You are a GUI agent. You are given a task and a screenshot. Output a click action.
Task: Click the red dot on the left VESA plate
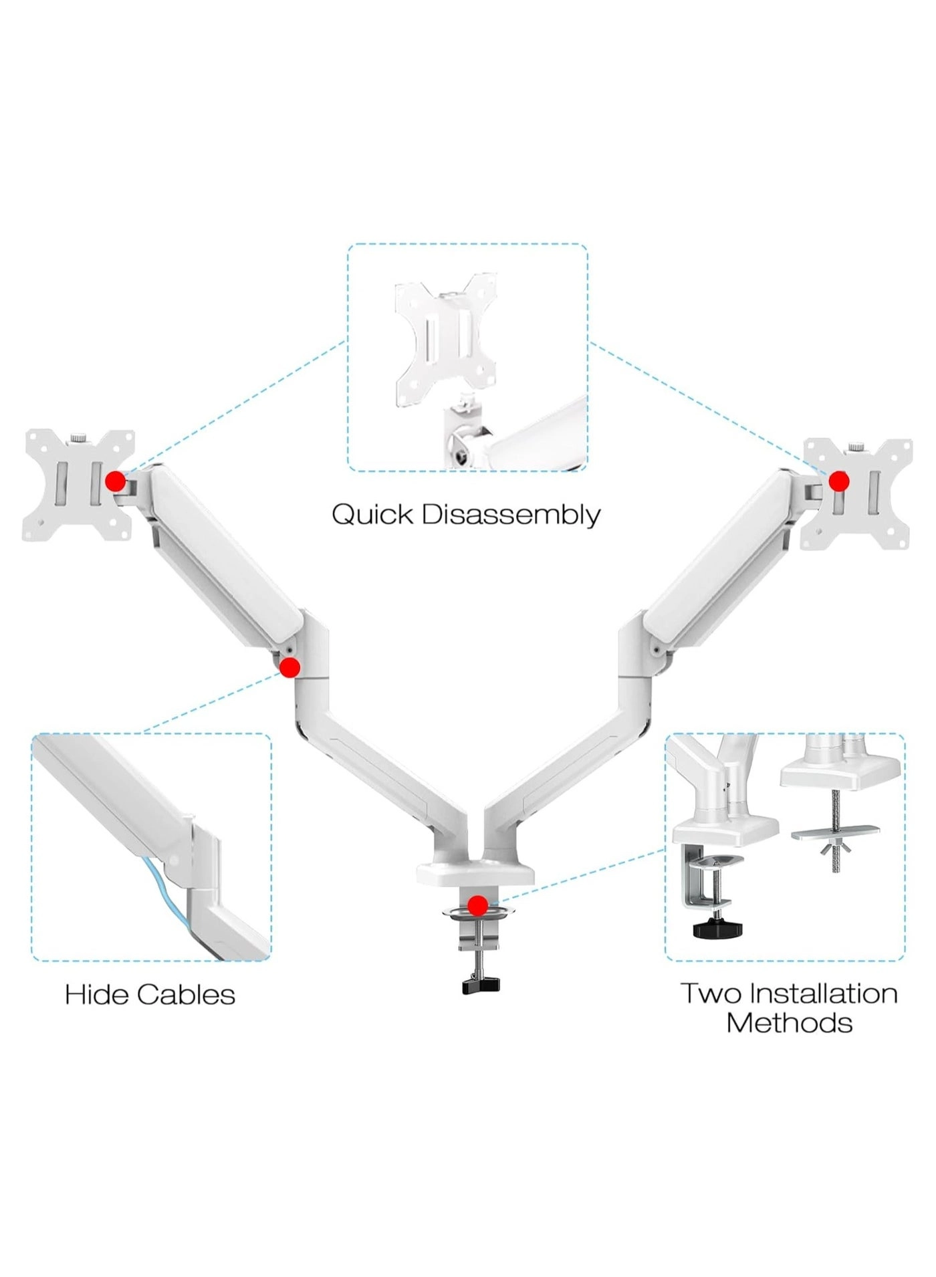(x=116, y=480)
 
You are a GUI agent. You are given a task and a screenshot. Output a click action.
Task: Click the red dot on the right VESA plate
(x=838, y=481)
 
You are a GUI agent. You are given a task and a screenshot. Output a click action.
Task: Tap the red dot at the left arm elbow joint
(x=289, y=667)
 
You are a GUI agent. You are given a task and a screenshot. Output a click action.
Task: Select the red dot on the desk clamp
(x=477, y=906)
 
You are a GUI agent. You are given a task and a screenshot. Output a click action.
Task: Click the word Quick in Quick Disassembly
(x=372, y=515)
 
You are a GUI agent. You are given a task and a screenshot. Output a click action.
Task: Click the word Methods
(x=789, y=1023)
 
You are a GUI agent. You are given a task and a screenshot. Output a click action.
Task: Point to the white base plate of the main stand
(x=475, y=873)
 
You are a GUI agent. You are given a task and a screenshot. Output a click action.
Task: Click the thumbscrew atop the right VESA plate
(x=855, y=447)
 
